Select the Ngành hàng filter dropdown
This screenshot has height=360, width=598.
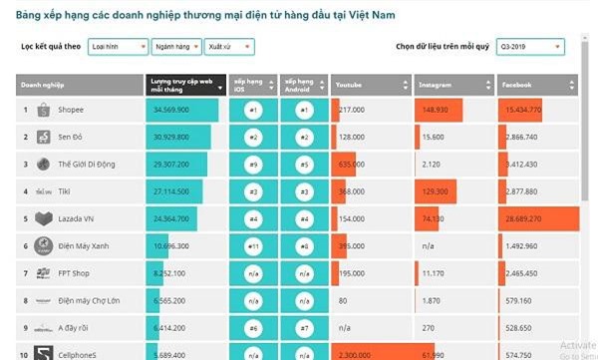point(176,47)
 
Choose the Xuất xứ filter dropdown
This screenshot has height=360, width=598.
point(228,47)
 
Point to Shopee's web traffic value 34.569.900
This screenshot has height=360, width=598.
point(171,109)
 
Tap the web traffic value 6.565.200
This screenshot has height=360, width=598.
point(170,298)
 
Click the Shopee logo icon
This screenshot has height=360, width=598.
point(43,109)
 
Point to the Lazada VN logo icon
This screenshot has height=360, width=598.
point(43,217)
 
